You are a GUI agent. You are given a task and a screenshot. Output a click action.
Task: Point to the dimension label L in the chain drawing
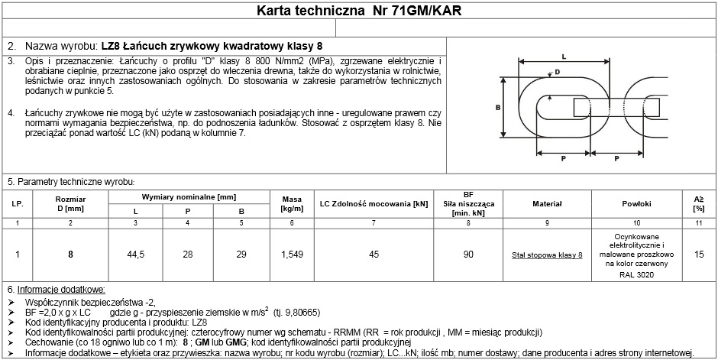563,57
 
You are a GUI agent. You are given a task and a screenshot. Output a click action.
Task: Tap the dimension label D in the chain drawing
557,71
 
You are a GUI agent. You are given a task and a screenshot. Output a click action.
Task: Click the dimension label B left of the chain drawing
497,108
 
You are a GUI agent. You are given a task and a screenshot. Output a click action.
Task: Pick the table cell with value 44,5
136,255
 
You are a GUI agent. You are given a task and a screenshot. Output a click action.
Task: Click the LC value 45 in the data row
373,255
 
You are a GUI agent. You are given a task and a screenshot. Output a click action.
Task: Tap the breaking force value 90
469,255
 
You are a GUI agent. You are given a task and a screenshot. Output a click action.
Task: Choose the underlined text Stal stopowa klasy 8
547,255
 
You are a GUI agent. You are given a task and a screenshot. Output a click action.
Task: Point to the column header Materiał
547,205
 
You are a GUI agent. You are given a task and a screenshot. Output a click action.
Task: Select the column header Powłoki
636,205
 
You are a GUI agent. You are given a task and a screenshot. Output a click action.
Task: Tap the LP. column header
17,205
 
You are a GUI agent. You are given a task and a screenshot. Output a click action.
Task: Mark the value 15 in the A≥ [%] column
699,255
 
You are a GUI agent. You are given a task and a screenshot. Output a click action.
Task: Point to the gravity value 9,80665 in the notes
302,313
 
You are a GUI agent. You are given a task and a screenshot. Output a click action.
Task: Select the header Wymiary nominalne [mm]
189,196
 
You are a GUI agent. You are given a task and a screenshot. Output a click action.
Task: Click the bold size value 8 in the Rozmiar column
70,255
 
